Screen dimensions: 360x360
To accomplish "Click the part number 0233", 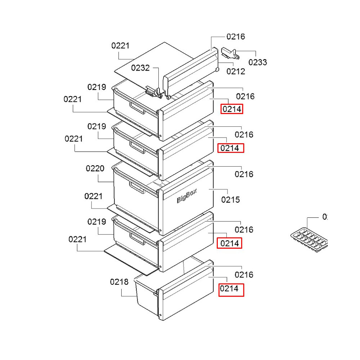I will point(258,62).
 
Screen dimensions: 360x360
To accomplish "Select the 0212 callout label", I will point(236,71).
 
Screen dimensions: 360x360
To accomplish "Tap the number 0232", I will point(140,68).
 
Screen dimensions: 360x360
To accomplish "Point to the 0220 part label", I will point(95,168).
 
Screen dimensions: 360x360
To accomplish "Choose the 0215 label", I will point(230,199).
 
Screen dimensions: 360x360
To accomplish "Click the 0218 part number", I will point(119,282).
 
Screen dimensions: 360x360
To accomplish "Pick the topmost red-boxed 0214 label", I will point(232,109).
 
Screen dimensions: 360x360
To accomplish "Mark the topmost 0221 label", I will point(120,46).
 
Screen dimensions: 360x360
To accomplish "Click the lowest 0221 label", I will point(77,239).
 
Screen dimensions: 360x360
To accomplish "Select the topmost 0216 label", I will point(236,36).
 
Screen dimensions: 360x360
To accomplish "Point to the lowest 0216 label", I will point(244,275).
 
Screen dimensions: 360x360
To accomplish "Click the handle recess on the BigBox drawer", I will point(136,187).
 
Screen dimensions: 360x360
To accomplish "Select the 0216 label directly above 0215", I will point(244,174).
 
